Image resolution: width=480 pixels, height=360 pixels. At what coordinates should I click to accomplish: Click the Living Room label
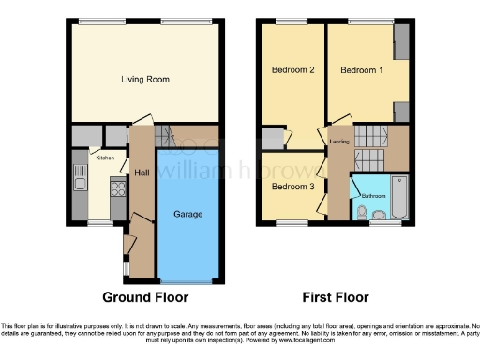[145, 80]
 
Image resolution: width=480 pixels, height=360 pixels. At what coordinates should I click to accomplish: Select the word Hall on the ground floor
[142, 172]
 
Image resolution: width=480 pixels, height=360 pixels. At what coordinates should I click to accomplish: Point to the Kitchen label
[105, 157]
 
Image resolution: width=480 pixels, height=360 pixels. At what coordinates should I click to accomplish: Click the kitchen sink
[80, 176]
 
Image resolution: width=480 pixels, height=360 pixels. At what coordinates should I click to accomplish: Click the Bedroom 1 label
[361, 70]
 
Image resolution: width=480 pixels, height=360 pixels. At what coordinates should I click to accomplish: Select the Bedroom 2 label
[292, 70]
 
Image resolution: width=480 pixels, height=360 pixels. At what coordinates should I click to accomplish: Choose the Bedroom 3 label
[292, 186]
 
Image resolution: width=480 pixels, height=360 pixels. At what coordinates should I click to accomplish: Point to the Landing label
[340, 142]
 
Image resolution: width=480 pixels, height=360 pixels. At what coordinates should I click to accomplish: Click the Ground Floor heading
[145, 297]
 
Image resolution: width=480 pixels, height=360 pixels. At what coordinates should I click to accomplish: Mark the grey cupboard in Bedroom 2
[273, 139]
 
